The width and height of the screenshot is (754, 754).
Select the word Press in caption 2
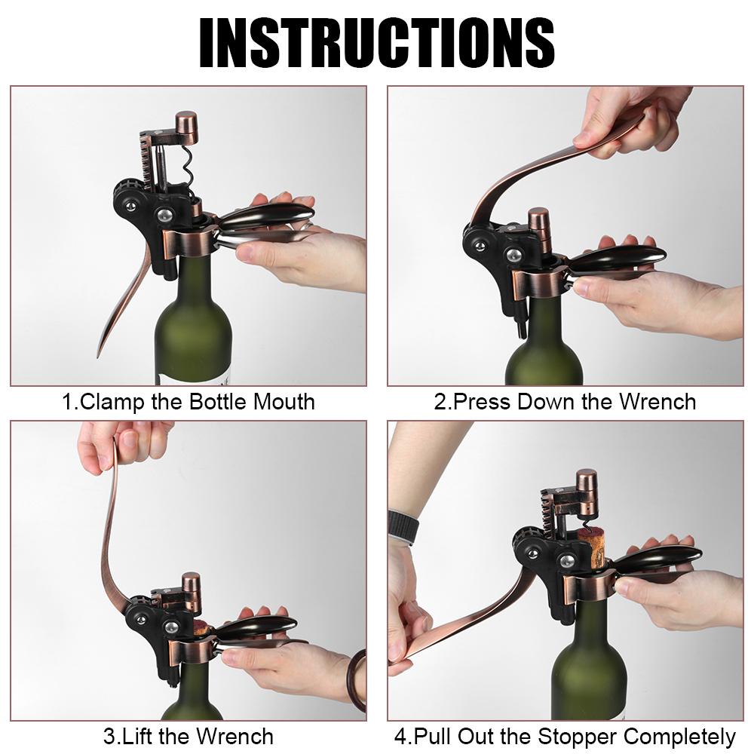pos(481,401)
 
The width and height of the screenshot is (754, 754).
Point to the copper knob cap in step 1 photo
pos(186,127)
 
